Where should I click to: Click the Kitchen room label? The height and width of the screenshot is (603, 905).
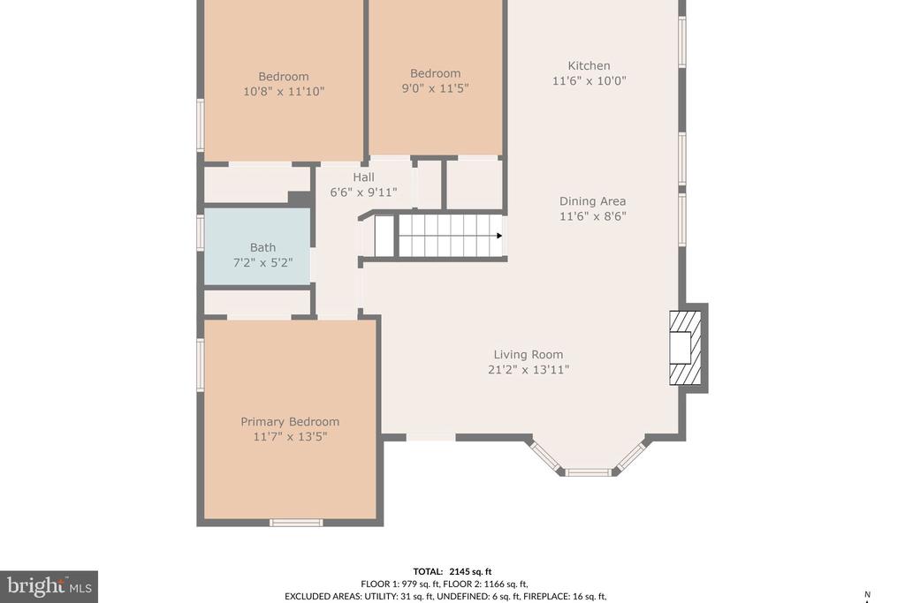click(589, 65)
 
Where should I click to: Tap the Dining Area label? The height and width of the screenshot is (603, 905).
click(592, 201)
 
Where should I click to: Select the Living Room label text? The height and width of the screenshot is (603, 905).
click(529, 355)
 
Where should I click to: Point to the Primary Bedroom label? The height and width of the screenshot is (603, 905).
click(290, 422)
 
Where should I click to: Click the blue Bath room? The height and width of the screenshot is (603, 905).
click(257, 246)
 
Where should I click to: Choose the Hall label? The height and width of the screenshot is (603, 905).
click(363, 177)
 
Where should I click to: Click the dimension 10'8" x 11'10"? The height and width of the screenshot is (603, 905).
click(284, 91)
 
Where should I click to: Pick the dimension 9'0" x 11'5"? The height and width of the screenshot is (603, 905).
click(435, 88)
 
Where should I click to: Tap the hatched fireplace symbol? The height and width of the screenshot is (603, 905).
click(685, 348)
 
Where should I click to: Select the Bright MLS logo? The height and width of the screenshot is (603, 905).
click(49, 587)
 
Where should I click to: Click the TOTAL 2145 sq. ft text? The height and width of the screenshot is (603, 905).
click(452, 572)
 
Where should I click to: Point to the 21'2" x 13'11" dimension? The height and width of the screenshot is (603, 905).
click(529, 370)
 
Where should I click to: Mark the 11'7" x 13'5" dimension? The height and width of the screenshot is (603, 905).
click(290, 437)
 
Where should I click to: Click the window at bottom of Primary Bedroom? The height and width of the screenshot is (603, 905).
click(296, 523)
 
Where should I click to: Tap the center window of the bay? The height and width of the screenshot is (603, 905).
click(588, 472)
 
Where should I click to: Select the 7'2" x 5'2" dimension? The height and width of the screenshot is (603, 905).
click(262, 263)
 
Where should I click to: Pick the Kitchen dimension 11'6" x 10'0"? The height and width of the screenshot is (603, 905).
click(589, 80)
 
